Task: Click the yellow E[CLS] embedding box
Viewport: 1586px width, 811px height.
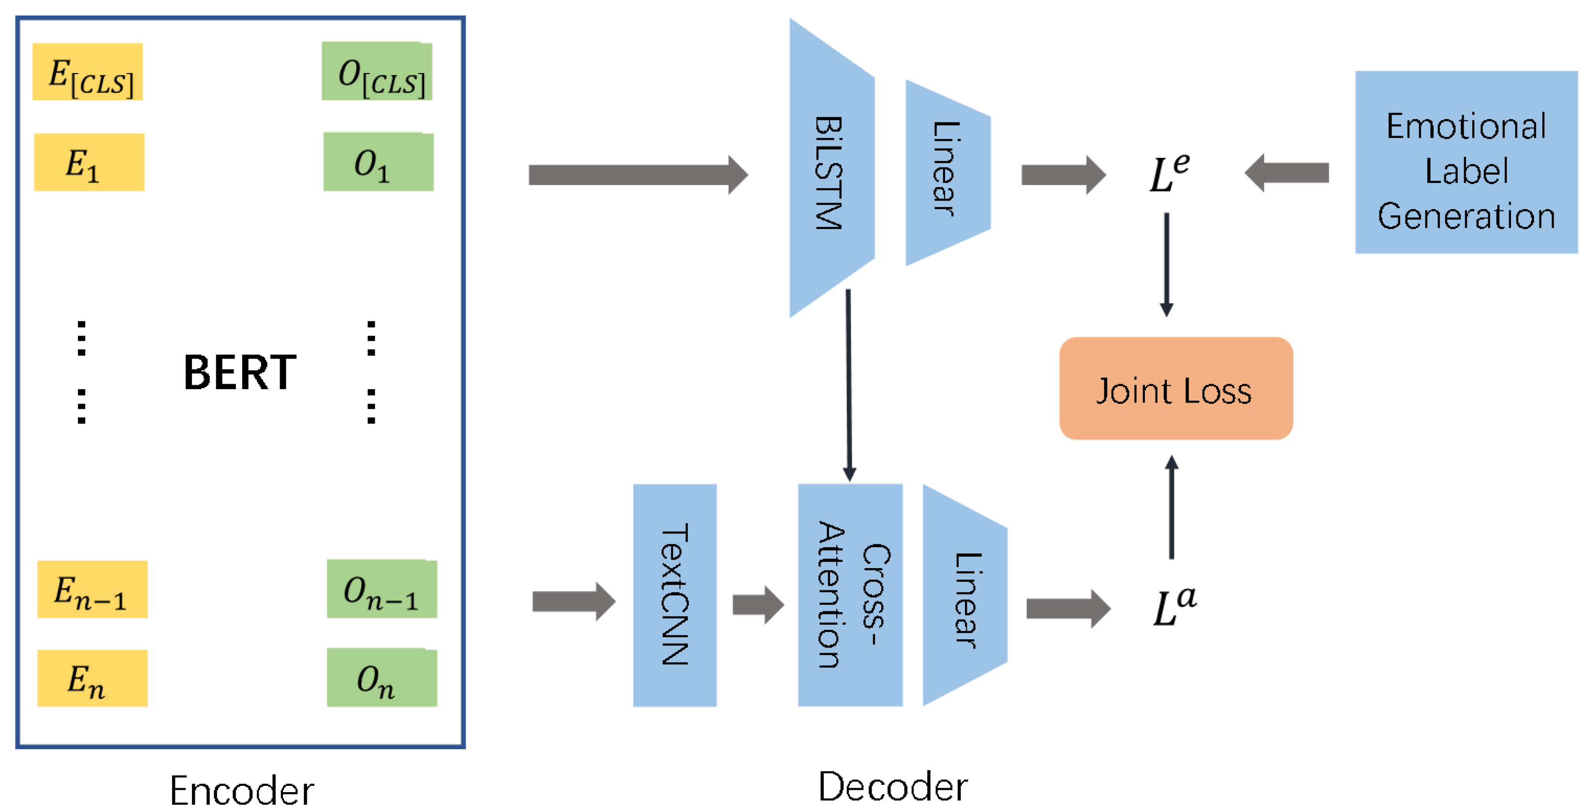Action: coord(88,72)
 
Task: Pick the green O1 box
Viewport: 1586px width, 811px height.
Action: coord(378,162)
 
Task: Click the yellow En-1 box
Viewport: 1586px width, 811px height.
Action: coord(92,589)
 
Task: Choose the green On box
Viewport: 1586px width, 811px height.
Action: coord(382,677)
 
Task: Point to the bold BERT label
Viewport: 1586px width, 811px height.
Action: coord(240,373)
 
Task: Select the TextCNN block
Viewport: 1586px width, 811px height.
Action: coord(675,595)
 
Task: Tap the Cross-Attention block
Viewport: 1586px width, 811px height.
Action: coord(850,595)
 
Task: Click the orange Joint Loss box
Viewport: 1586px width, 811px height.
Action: coord(1175,389)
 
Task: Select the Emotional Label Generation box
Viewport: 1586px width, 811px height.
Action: coord(1466,162)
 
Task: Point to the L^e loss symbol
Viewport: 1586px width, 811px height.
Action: coord(1169,173)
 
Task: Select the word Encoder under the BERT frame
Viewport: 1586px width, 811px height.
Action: coord(241,790)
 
